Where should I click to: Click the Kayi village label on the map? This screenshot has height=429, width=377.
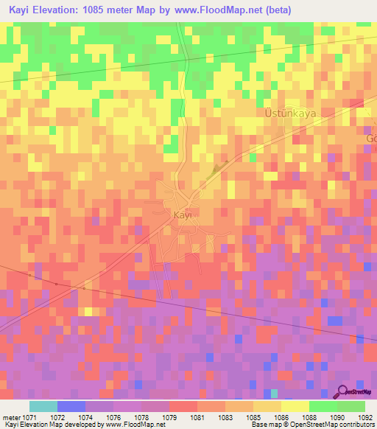click(x=182, y=214)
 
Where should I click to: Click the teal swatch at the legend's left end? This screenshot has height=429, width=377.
click(x=43, y=406)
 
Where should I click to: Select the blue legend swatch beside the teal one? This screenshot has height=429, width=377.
click(x=71, y=406)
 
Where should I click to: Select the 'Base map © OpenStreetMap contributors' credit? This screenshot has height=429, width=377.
click(x=311, y=425)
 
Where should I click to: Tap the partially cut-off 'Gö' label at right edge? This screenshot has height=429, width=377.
click(x=371, y=139)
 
